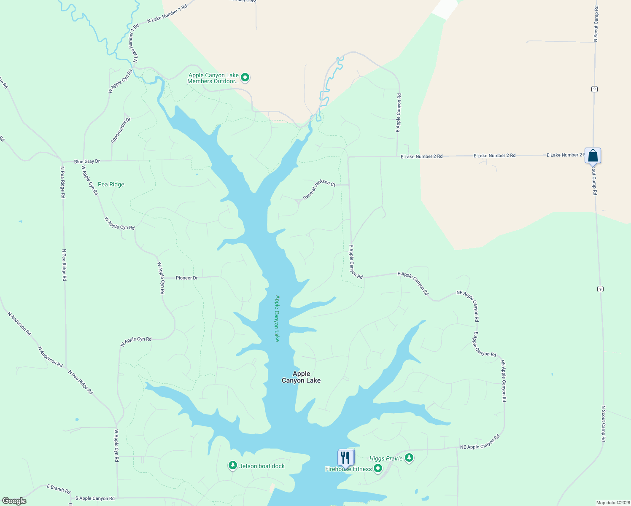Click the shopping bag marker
(x=593, y=156)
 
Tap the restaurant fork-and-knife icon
(x=345, y=458)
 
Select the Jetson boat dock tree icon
(x=232, y=466)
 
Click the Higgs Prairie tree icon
(x=409, y=458)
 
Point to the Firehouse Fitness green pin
(x=378, y=468)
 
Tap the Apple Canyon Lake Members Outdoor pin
(x=245, y=77)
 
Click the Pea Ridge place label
(x=111, y=184)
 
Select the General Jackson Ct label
(x=319, y=189)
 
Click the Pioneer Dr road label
(x=186, y=278)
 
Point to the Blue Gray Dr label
(x=87, y=161)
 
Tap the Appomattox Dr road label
(x=121, y=131)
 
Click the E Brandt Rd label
(x=58, y=489)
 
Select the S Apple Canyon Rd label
(x=95, y=498)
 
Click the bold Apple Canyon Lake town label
(x=301, y=377)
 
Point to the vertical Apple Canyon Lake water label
(x=277, y=318)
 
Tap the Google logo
(x=14, y=501)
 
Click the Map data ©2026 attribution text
(x=612, y=503)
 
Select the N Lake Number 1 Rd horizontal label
(x=167, y=14)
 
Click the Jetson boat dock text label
(x=262, y=466)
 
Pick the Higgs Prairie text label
(x=386, y=458)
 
